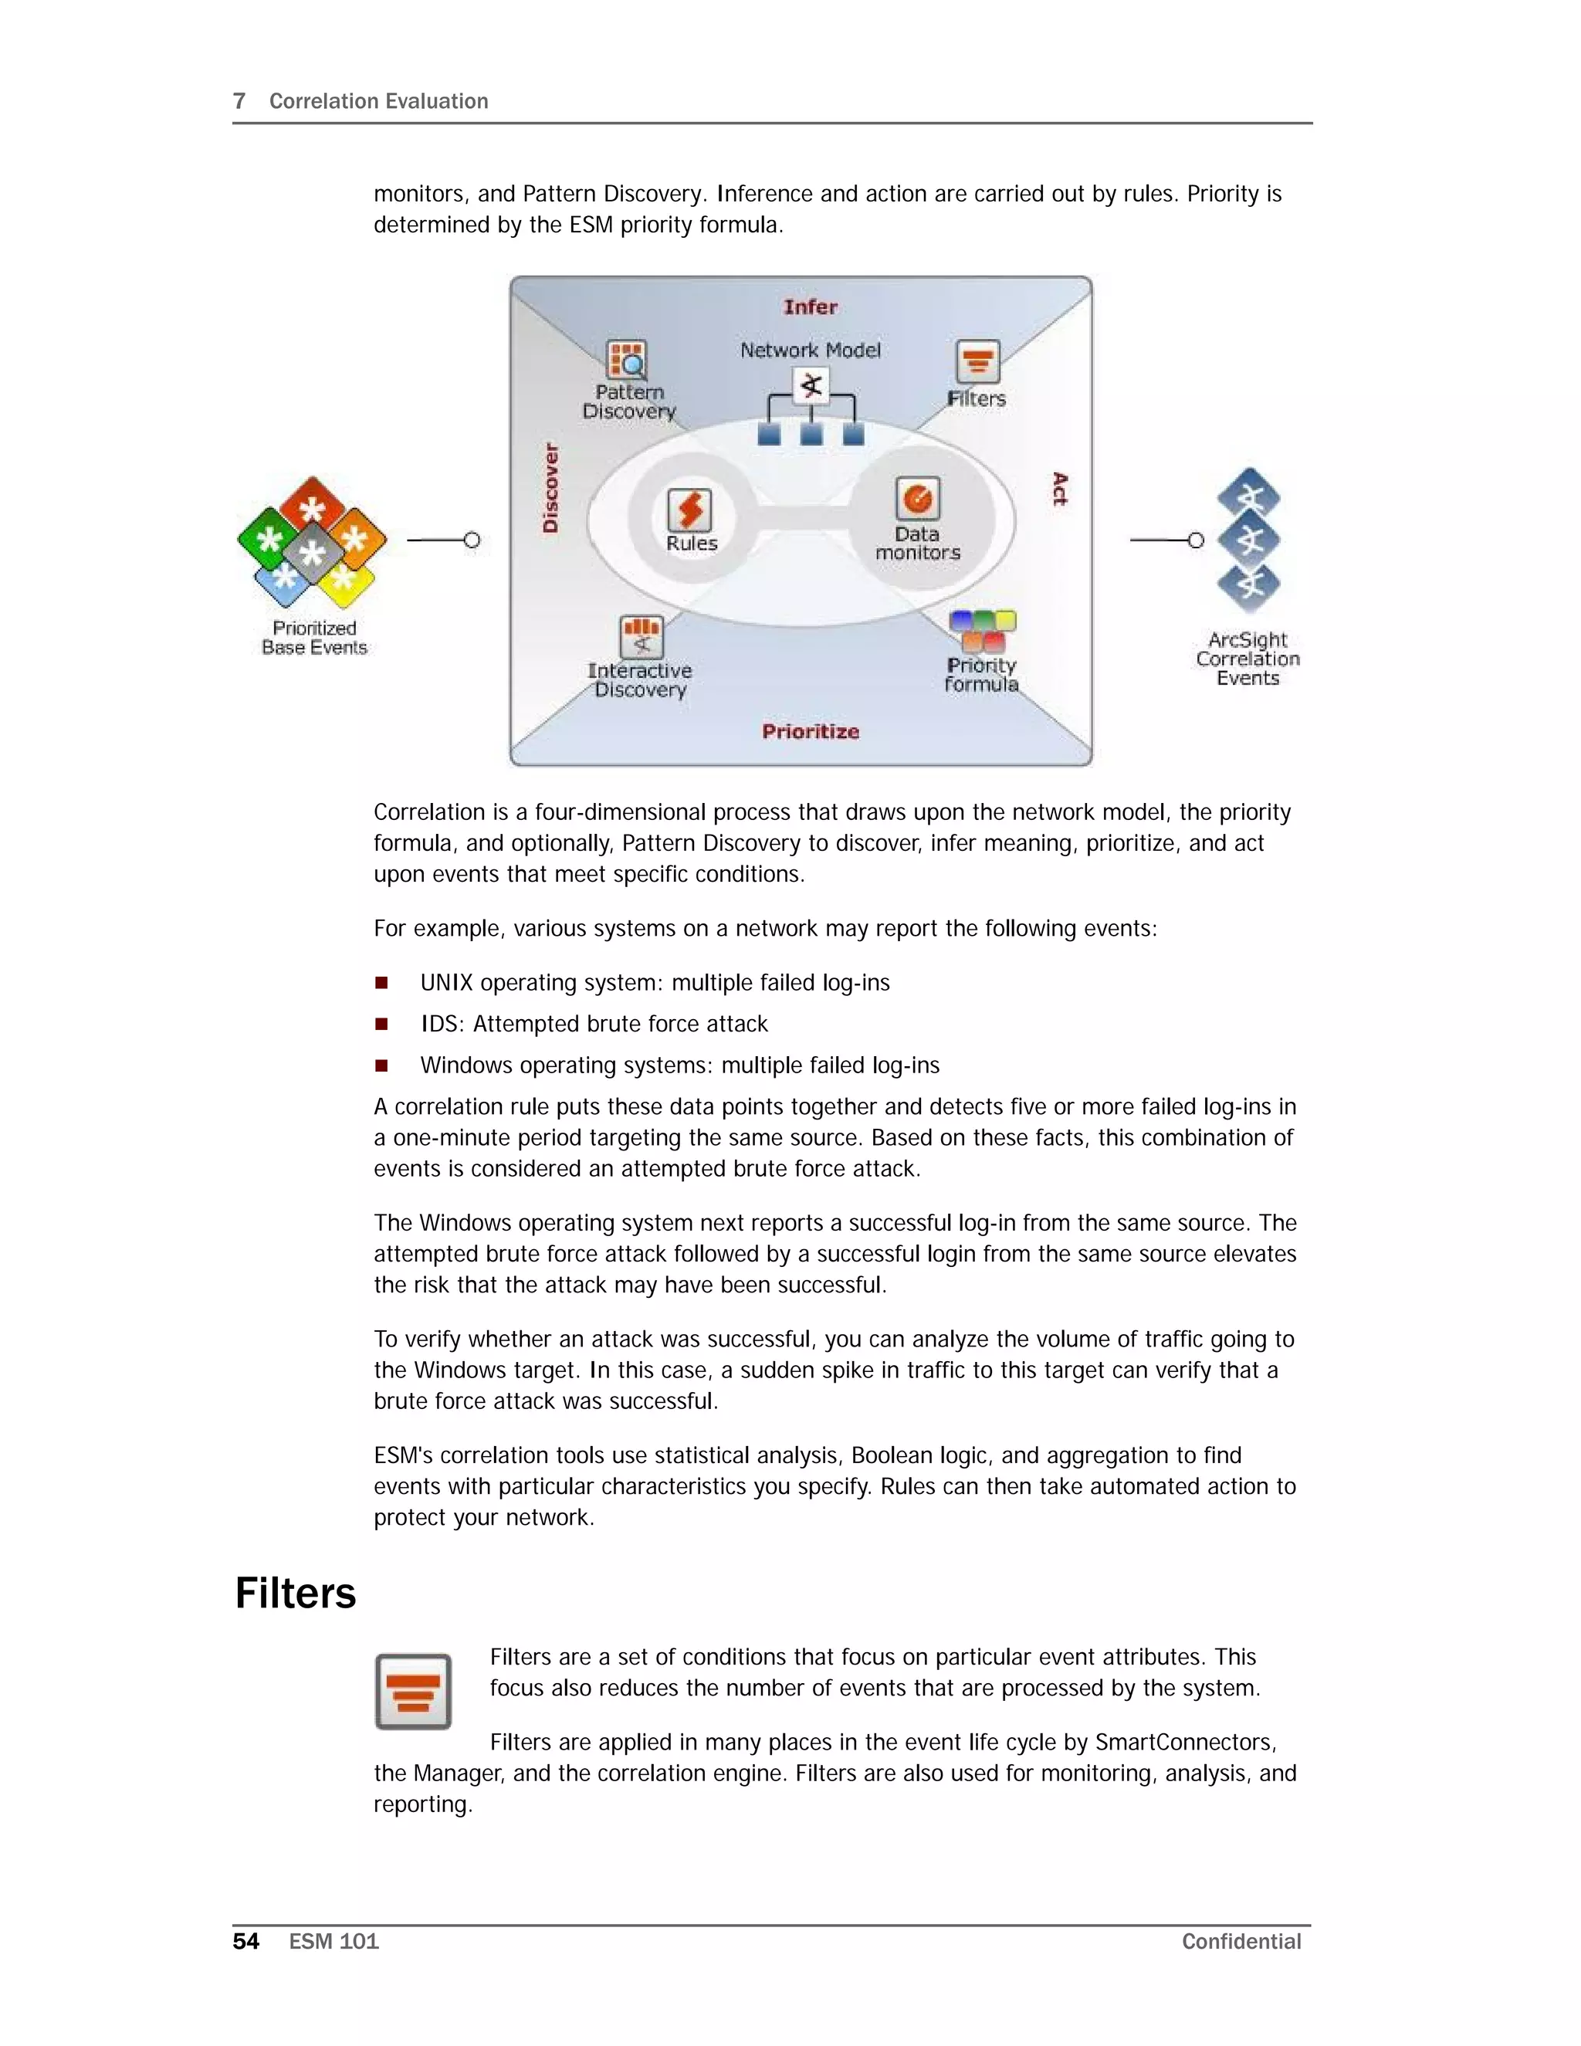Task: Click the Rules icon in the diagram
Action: [689, 510]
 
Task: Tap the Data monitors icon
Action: [917, 499]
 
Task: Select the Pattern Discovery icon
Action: [627, 361]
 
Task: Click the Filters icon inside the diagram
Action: [978, 361]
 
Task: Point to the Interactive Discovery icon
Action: [642, 637]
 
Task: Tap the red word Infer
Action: [810, 307]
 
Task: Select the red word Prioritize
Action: [810, 732]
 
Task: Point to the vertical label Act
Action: [1059, 489]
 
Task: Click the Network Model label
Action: [810, 351]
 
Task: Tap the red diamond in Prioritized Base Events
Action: [312, 506]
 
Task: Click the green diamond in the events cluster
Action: [269, 539]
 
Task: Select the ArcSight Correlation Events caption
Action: [1248, 659]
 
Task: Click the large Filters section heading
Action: [295, 1594]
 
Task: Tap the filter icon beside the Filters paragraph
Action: [413, 1691]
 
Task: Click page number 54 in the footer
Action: [245, 1941]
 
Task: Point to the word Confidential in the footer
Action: [1241, 1941]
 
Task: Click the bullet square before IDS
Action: [381, 1024]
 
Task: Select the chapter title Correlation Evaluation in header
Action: [378, 101]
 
